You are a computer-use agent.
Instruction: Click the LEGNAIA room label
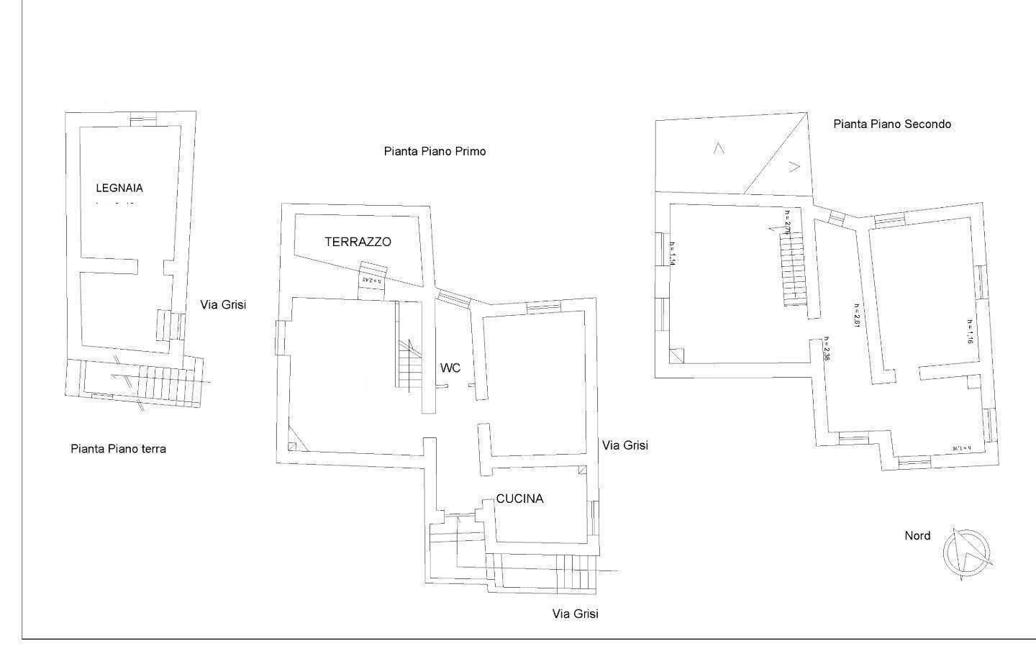coord(119,188)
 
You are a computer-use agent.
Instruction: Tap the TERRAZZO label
coord(358,242)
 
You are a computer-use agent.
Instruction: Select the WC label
coord(450,368)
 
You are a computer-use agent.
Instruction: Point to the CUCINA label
coord(519,499)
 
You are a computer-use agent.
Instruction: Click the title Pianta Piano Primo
coord(435,151)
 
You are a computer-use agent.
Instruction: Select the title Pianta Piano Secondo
coord(892,124)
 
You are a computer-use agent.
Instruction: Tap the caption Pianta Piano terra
coord(119,449)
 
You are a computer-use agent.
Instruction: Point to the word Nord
coord(917,535)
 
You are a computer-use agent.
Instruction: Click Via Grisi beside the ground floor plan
coord(223,304)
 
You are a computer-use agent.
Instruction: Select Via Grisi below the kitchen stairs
coord(575,614)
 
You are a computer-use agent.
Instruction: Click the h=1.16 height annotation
coord(970,331)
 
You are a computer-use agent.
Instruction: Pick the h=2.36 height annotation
coord(827,350)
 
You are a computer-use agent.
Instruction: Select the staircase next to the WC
coord(410,363)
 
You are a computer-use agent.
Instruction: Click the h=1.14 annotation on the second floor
coord(671,252)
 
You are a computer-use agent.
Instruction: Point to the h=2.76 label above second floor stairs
coord(788,222)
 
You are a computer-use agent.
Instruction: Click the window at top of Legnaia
coord(142,119)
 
